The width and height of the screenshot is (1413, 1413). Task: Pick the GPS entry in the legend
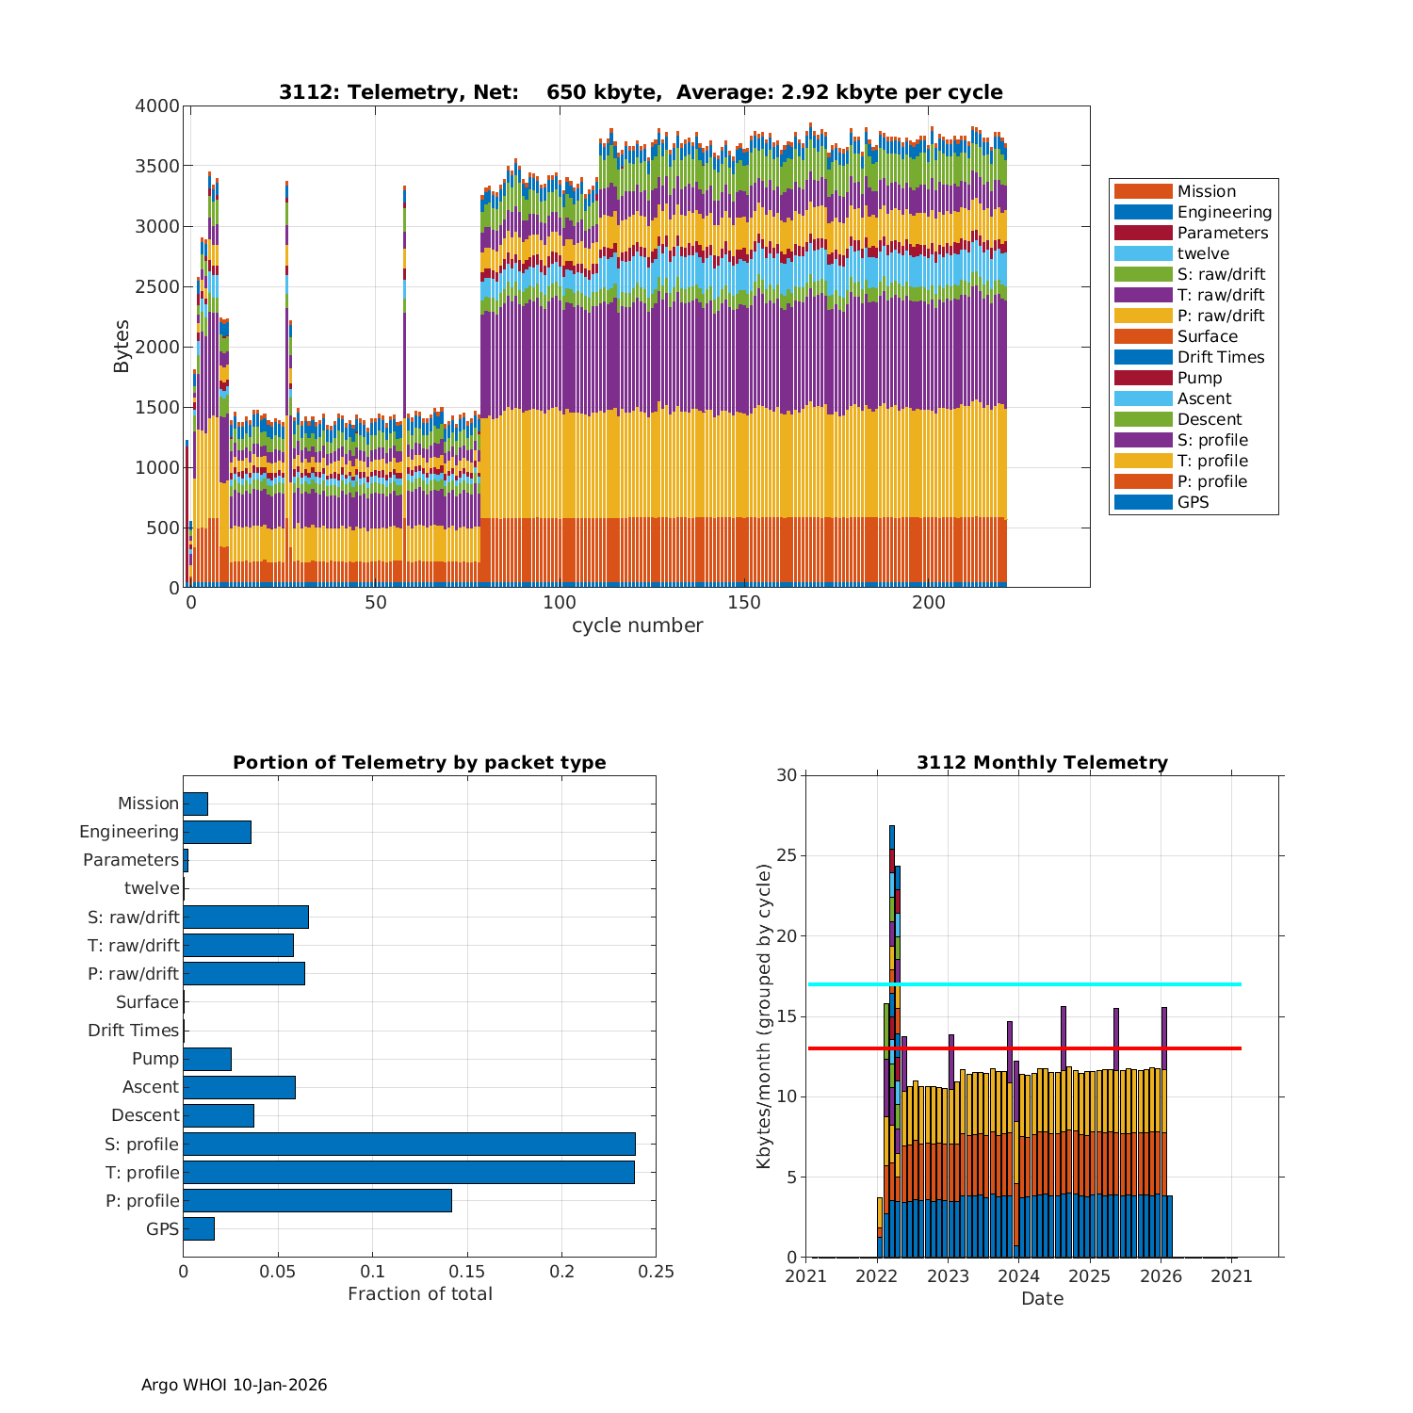1193,502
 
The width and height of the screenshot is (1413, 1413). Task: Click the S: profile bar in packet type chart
409,1144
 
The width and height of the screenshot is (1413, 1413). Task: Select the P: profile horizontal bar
317,1200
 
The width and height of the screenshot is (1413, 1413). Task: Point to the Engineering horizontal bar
217,832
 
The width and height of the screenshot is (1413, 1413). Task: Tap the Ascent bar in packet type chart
239,1087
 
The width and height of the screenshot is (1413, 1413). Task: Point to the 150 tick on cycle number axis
744,603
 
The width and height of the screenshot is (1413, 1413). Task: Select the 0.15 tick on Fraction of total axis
467,1272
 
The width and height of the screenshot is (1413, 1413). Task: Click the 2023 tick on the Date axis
948,1275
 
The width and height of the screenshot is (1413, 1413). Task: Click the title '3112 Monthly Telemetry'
1042,762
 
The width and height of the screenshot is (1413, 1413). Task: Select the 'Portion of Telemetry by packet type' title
419,762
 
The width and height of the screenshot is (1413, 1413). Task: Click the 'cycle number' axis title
637,625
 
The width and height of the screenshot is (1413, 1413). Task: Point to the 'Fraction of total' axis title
419,1293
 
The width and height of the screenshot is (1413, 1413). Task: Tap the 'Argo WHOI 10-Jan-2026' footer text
234,1385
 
